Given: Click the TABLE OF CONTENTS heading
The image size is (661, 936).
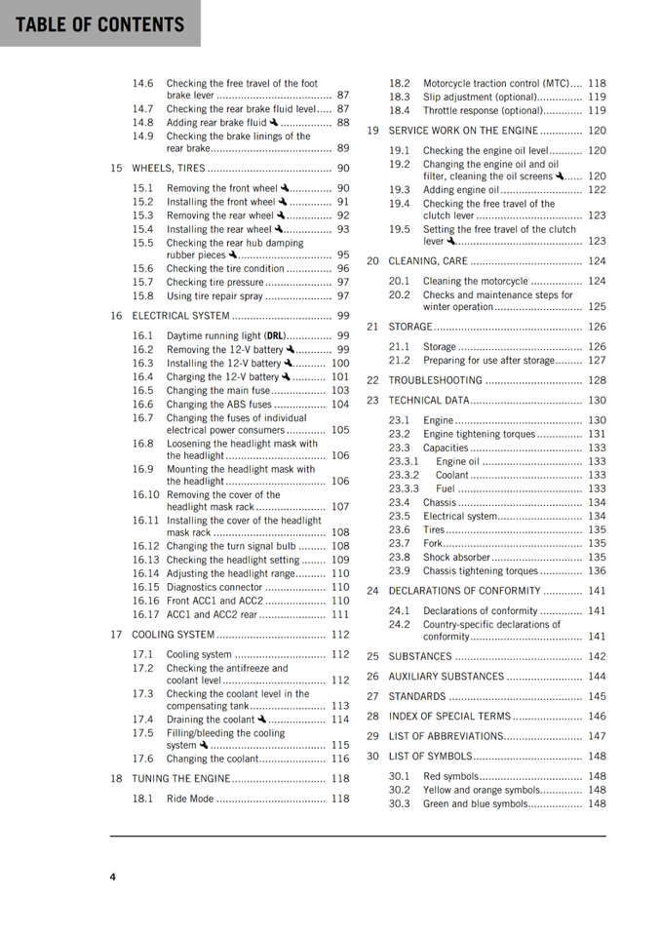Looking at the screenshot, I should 99,24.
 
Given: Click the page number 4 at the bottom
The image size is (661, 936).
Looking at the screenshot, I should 113,877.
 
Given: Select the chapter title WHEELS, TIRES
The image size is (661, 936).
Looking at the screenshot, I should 169,168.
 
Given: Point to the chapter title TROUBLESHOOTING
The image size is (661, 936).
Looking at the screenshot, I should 435,380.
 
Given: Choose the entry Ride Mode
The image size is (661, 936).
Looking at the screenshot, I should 190,799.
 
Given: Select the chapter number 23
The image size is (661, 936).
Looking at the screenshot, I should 372,400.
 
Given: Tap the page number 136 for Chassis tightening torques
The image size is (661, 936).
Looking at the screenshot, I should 596,570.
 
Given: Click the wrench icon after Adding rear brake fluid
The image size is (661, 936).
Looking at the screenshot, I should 275,123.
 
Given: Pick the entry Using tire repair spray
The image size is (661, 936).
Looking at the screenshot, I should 214,295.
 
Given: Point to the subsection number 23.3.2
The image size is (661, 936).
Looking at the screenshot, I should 404,475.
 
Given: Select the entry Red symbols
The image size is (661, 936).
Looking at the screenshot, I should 450,776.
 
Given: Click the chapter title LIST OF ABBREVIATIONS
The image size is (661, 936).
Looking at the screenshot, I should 446,736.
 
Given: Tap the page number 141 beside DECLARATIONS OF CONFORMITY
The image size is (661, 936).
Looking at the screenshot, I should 596,591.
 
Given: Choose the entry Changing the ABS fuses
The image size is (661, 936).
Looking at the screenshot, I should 218,404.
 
